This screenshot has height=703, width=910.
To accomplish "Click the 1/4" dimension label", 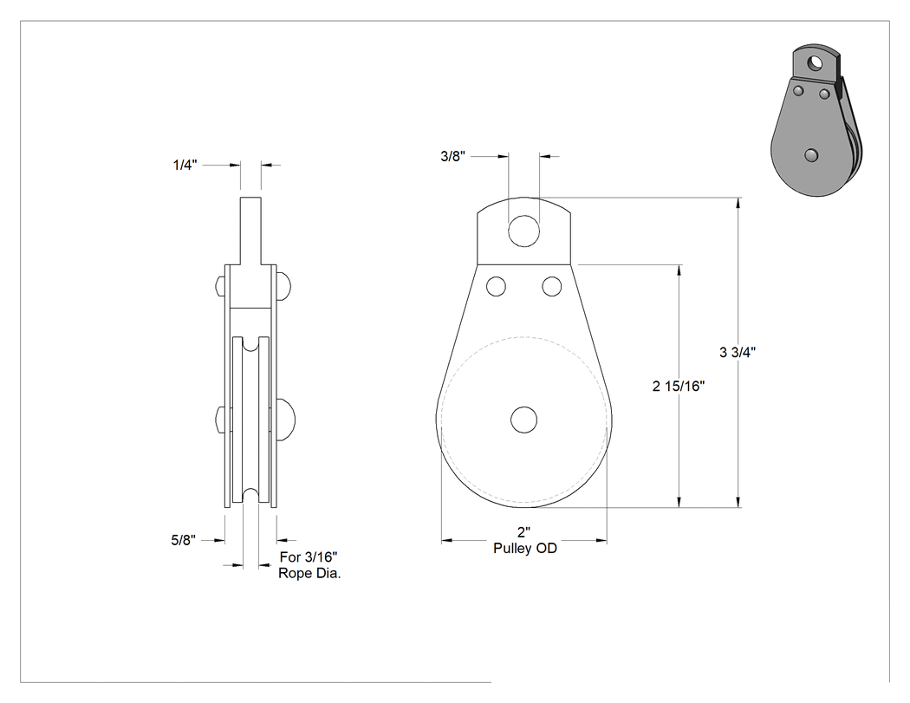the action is [x=185, y=165].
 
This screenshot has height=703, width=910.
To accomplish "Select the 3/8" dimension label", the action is [x=452, y=156].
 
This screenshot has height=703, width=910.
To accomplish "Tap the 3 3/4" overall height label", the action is [x=737, y=352].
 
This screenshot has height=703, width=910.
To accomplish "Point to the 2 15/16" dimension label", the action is [x=679, y=386].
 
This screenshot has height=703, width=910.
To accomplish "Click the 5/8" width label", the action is [x=184, y=540].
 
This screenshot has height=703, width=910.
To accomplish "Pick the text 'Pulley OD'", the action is [x=525, y=548].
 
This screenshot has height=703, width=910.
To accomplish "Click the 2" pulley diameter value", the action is [x=524, y=531].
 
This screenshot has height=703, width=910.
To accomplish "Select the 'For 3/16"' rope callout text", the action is [x=309, y=557].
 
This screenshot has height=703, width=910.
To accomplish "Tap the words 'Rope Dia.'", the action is [x=309, y=574].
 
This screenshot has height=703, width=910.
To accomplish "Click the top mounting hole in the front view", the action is [x=523, y=231].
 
